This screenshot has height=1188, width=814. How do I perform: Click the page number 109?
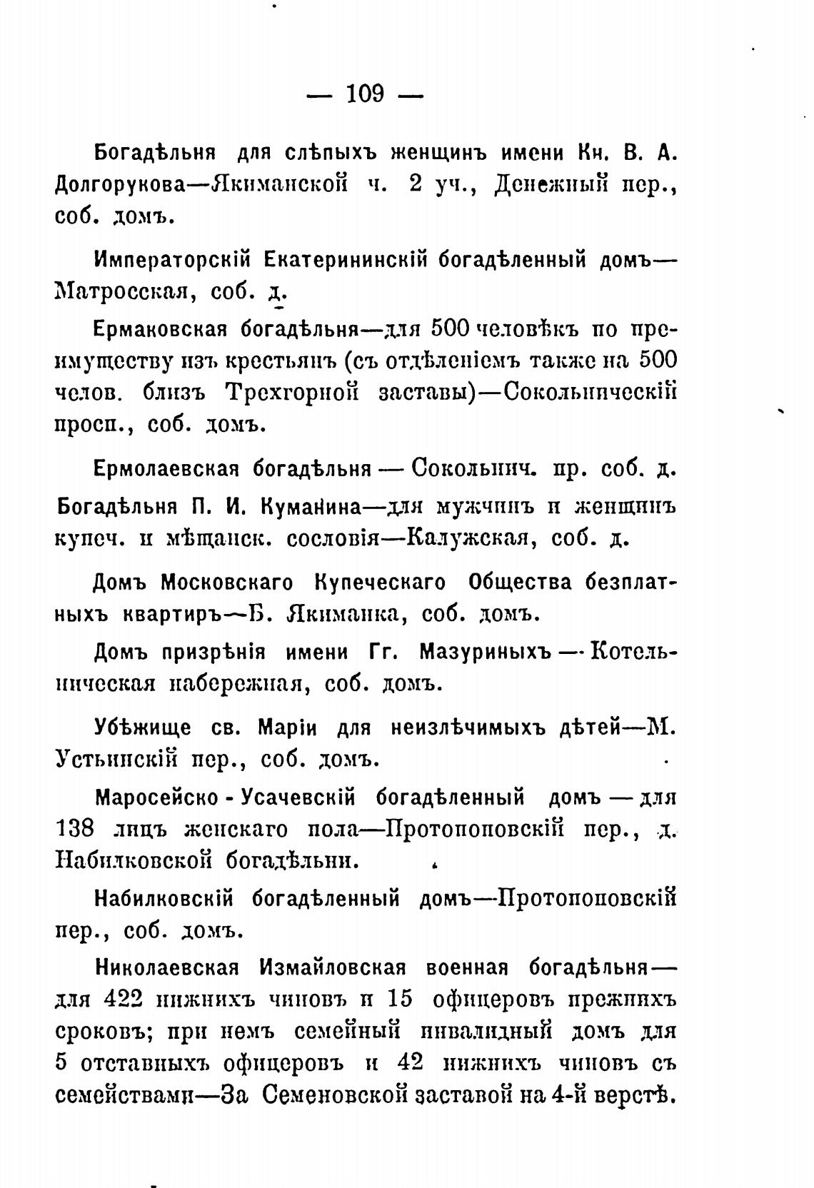(x=365, y=94)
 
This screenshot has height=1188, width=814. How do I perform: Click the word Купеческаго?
(x=380, y=583)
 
